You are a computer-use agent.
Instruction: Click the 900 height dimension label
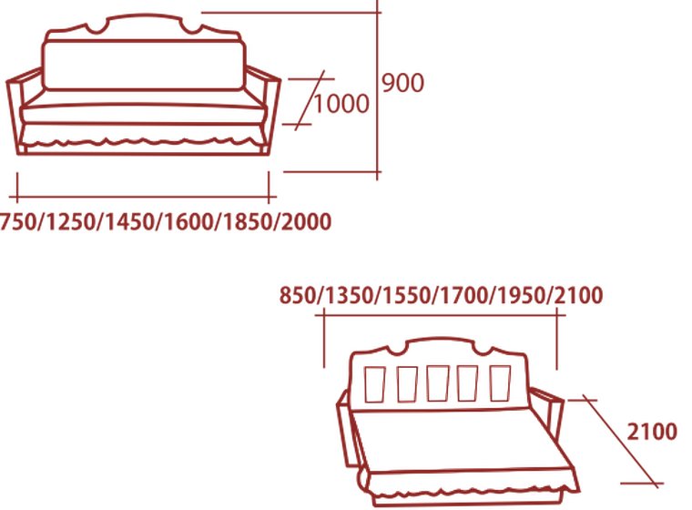(402, 83)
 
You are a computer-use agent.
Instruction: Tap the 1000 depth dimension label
(341, 104)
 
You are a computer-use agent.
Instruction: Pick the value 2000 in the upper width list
(306, 221)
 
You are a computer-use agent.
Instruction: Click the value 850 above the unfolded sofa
(298, 295)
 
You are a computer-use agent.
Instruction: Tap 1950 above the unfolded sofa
(522, 295)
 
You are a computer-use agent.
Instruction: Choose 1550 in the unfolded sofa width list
(406, 295)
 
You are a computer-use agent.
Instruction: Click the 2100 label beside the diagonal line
(652, 432)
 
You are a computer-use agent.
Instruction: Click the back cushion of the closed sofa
(144, 66)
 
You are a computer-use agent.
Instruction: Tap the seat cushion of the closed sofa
(144, 114)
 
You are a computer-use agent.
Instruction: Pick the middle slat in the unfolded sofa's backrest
(438, 383)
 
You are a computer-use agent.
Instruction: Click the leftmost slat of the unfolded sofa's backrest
(374, 384)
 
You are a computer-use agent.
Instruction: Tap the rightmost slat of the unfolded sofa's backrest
(501, 382)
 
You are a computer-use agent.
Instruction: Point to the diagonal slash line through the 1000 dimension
(310, 100)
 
